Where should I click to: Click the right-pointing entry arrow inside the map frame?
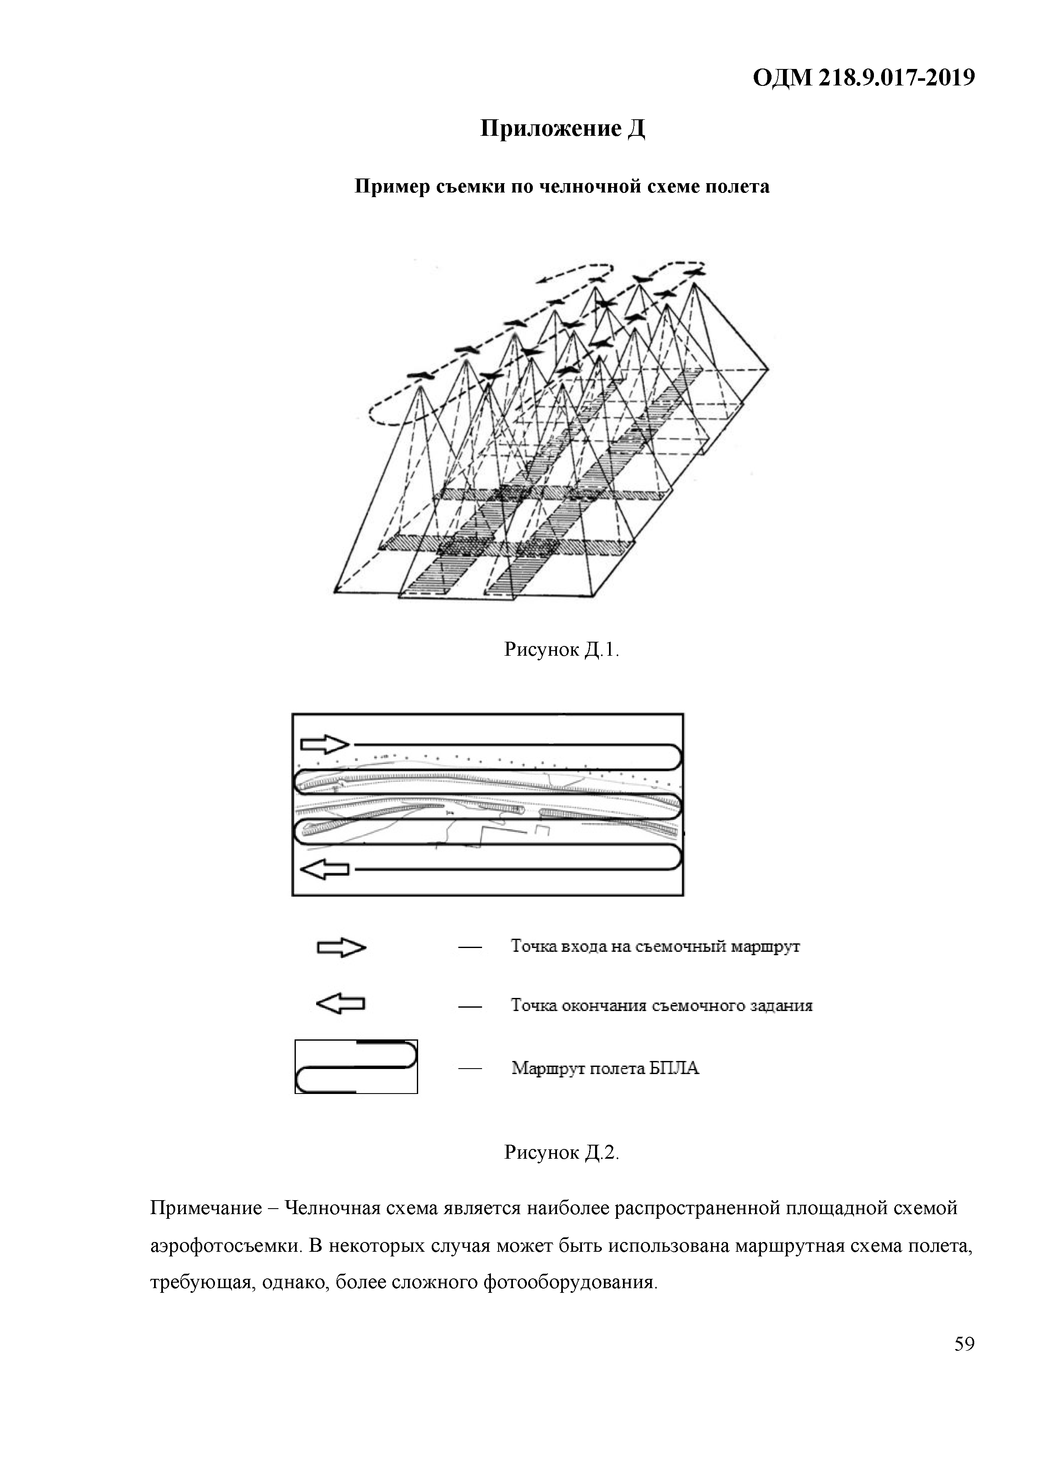click(325, 744)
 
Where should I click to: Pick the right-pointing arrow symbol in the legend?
click(341, 948)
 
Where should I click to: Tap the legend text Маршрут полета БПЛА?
click(605, 1069)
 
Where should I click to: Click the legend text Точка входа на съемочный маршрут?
click(655, 947)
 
